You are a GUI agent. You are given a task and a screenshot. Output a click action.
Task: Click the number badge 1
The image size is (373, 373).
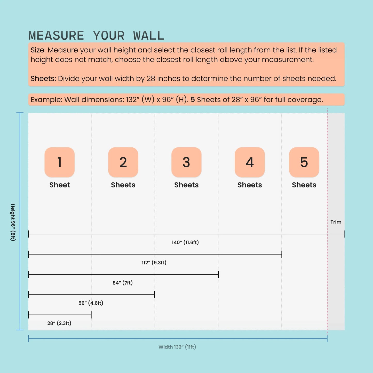(60, 162)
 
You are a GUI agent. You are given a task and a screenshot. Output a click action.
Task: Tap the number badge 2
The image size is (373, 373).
(123, 162)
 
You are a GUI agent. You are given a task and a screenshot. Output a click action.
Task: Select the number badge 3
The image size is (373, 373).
(186, 162)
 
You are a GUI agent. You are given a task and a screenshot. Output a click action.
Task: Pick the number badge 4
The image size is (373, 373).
(250, 162)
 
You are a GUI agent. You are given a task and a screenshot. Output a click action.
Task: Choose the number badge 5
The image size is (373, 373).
(304, 162)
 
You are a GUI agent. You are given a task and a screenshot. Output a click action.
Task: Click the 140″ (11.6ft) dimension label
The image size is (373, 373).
(185, 242)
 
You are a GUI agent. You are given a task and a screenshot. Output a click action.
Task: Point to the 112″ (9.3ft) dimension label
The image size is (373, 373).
(154, 263)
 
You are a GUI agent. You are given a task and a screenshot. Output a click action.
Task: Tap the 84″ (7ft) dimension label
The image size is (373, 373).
(123, 283)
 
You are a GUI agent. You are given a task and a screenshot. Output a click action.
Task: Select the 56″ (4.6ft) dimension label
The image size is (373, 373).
(91, 303)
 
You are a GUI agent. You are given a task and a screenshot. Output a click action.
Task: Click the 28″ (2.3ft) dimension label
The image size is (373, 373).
(59, 323)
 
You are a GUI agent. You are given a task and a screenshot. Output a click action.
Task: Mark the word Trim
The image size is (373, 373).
(336, 222)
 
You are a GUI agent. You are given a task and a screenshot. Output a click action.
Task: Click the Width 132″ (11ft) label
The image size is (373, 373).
(177, 347)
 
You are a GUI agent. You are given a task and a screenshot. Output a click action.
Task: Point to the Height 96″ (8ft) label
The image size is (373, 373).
(13, 222)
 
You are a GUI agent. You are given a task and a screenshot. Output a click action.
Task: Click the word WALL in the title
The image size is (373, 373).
(149, 36)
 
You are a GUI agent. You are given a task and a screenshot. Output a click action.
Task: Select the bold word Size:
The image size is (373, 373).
(38, 50)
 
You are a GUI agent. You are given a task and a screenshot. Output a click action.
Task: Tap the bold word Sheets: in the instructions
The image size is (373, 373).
(43, 78)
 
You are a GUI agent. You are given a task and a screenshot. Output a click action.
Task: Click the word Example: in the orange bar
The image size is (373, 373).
(46, 100)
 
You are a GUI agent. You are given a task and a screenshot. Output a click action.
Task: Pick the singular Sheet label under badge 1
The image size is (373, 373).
(60, 185)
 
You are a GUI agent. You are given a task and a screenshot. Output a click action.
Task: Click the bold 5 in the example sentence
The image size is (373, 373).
(193, 100)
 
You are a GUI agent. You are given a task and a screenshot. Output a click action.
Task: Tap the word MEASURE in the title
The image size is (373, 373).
(56, 36)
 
